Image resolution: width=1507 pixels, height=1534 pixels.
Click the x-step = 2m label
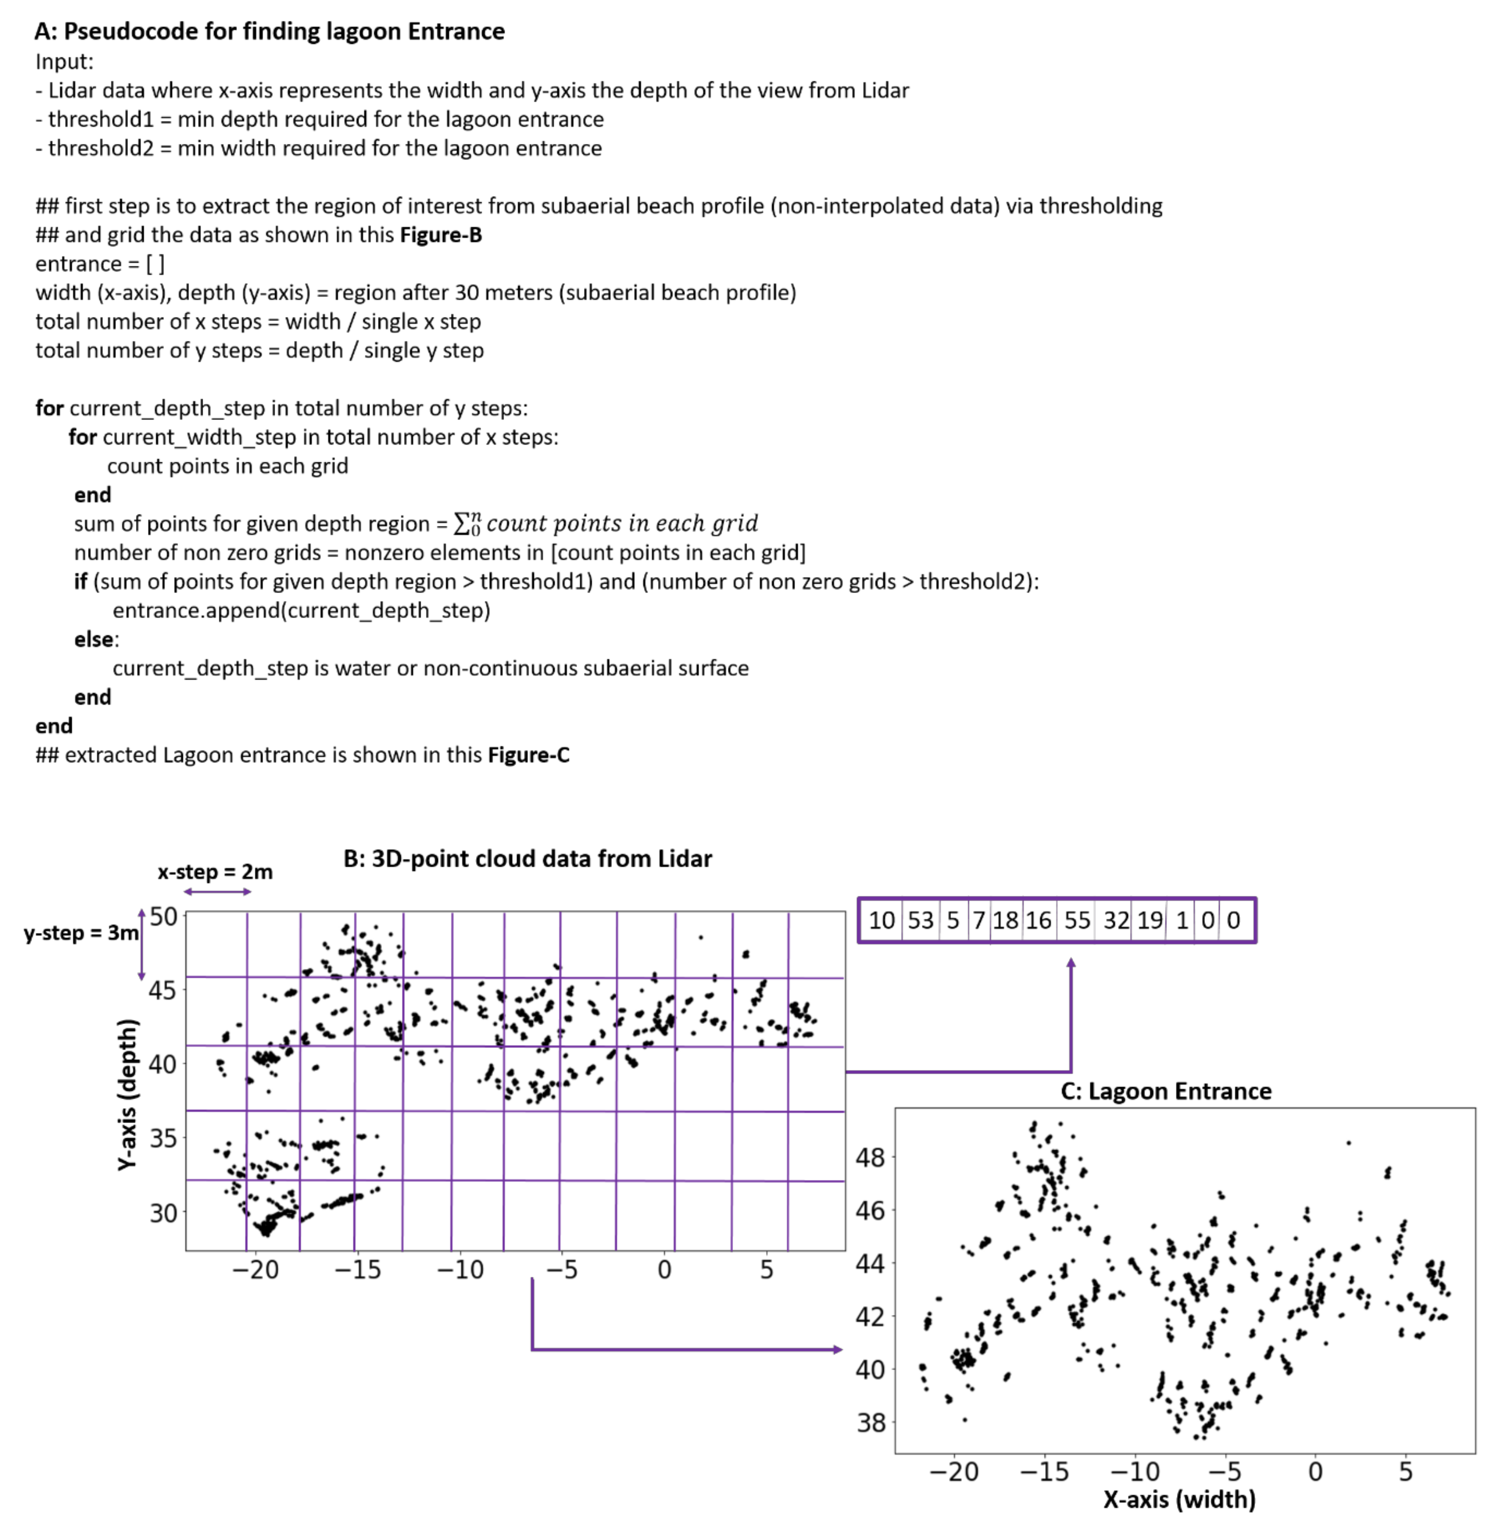click(215, 872)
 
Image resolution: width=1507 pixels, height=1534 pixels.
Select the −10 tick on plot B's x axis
click(460, 1270)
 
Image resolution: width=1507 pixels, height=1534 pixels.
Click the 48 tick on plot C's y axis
click(871, 1157)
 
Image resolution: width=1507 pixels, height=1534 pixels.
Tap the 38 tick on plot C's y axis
click(871, 1422)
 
